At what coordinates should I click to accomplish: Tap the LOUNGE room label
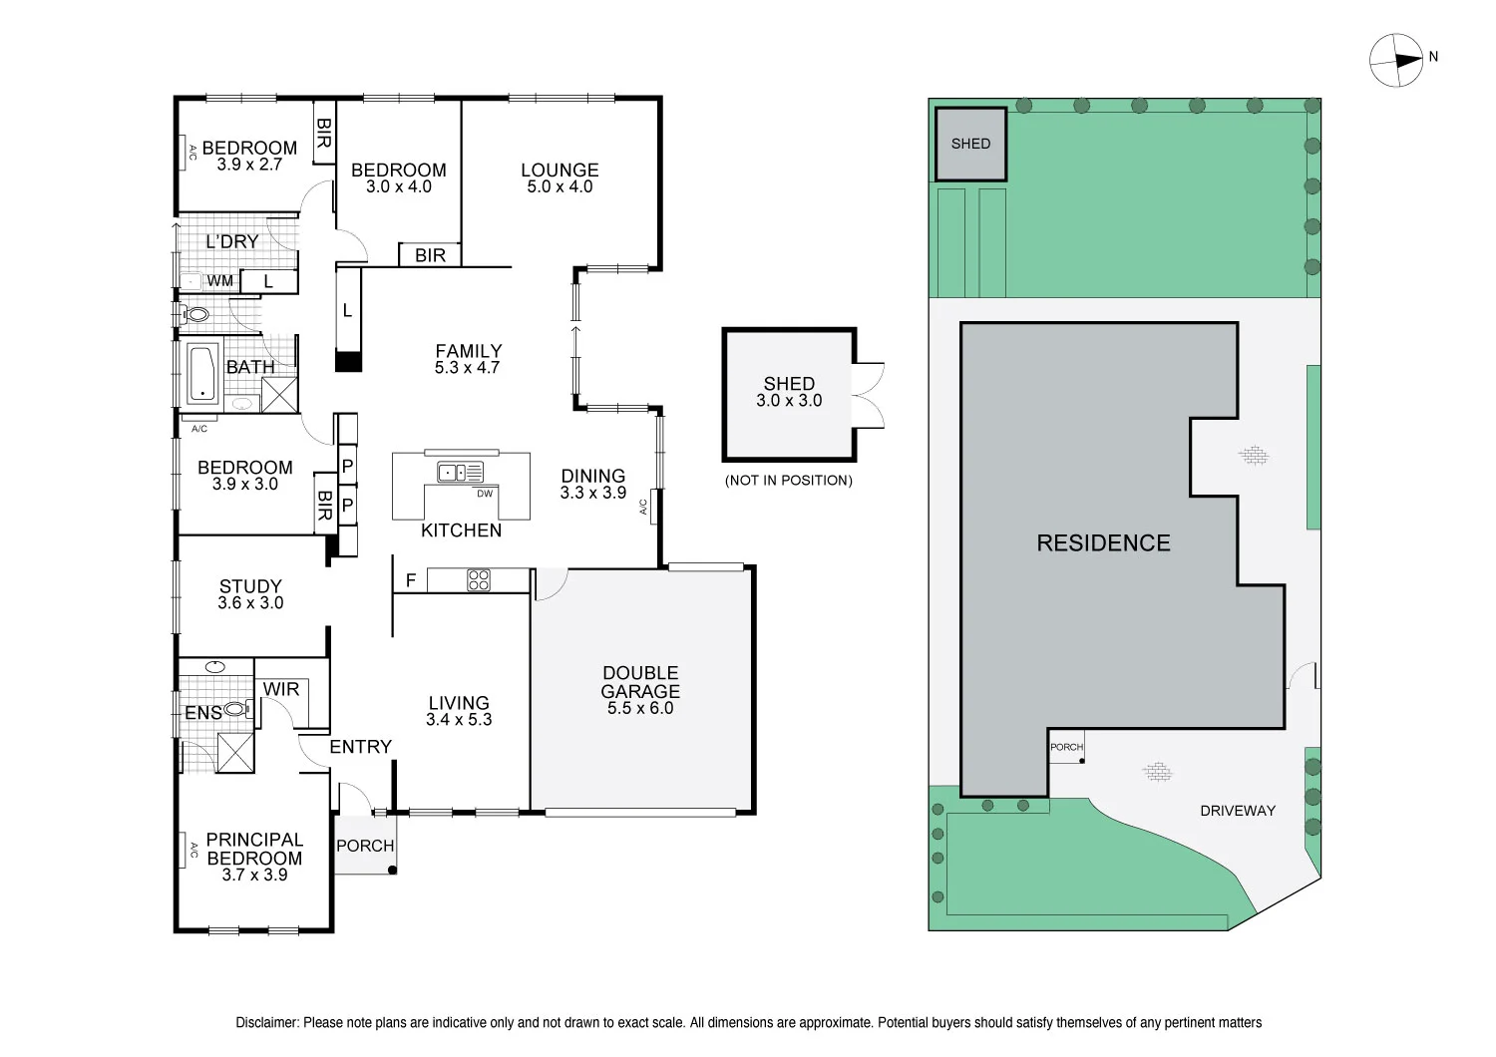pos(560,171)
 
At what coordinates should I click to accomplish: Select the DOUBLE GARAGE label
pos(640,682)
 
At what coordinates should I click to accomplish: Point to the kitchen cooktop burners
pos(479,579)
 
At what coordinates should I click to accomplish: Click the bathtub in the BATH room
pos(202,374)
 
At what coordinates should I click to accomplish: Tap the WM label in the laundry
pos(219,281)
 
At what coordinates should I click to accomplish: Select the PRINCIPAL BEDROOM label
pos(254,849)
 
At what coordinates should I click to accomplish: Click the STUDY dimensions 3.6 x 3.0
pos(250,602)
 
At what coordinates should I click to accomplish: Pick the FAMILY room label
pos(468,351)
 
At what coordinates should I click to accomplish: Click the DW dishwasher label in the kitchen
pos(485,494)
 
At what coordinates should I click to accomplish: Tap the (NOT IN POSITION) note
pos(789,481)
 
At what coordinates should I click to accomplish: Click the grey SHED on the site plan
pos(970,144)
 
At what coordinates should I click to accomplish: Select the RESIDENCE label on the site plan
pos(1103,543)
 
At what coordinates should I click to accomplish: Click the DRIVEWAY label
pos(1238,811)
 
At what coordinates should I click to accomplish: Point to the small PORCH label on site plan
pos(1066,747)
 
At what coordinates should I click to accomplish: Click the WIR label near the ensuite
pos(281,689)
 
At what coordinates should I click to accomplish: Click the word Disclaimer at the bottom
pos(266,1022)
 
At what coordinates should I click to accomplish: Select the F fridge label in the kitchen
pos(410,579)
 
